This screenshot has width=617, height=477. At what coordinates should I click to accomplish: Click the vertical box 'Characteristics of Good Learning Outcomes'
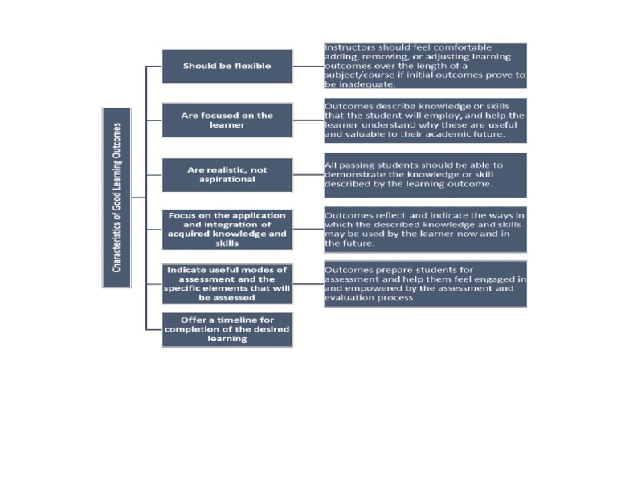[116, 197]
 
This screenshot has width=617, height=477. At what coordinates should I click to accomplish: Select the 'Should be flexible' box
[227, 66]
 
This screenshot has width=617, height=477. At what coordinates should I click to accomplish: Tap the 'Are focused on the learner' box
[227, 120]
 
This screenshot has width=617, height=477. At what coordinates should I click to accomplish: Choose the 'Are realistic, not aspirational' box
[227, 174]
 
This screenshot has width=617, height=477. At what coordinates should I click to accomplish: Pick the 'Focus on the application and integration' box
[227, 230]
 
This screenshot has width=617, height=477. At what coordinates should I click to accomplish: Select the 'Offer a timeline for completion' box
[227, 329]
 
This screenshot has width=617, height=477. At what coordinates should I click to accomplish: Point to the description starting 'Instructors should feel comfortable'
[425, 66]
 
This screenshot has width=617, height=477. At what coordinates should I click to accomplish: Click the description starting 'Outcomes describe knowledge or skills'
[425, 120]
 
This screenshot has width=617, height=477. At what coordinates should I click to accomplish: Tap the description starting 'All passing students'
[425, 174]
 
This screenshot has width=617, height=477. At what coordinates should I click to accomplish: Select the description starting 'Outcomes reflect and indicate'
[425, 230]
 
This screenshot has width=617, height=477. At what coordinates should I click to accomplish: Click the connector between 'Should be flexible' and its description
[308, 66]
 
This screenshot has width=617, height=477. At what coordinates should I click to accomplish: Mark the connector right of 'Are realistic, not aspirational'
[308, 174]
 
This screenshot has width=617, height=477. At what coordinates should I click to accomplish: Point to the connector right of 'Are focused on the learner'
[308, 120]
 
